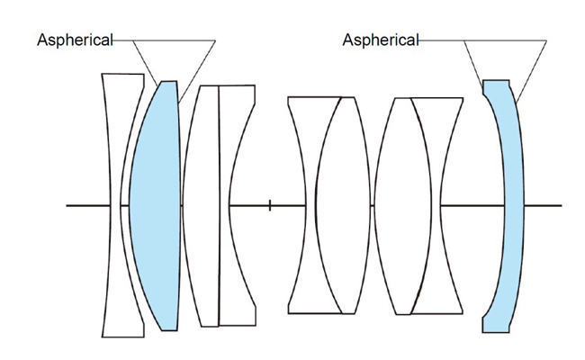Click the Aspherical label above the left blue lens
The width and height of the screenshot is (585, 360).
75,40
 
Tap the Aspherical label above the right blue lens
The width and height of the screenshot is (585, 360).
381,40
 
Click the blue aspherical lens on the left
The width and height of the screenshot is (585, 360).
155,205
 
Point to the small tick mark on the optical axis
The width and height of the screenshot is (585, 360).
270,205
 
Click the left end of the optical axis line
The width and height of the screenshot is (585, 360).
67,205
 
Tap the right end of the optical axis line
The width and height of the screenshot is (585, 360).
561,205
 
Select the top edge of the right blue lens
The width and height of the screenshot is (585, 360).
498,80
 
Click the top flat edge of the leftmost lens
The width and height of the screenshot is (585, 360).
123,75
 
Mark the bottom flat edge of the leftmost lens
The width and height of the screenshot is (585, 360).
123,337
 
